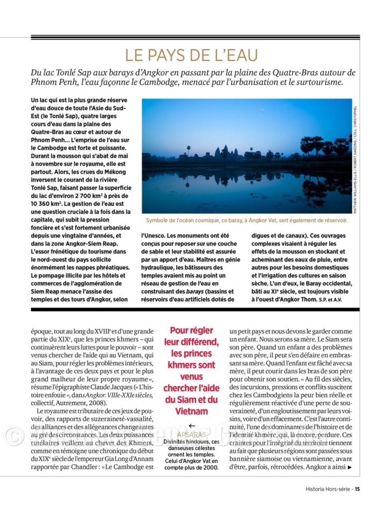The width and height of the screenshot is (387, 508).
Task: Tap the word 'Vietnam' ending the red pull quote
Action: click(192, 411)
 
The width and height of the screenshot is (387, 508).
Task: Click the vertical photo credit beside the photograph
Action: click(356, 156)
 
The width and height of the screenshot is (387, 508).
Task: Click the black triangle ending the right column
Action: click(350, 467)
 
